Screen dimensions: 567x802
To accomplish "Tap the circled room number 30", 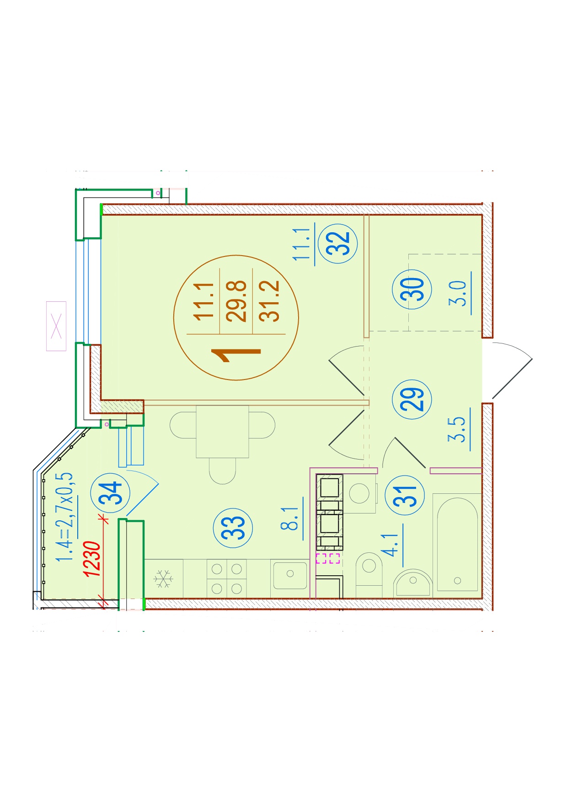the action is (x=412, y=289).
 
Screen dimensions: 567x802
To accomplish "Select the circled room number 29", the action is (x=412, y=399).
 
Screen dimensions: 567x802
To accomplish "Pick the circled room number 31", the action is (x=406, y=495).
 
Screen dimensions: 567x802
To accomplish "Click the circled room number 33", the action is (x=233, y=528).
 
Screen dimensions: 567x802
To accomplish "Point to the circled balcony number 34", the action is (x=111, y=492).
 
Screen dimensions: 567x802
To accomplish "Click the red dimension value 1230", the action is (x=92, y=559).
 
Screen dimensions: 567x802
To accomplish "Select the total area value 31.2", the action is (x=269, y=301).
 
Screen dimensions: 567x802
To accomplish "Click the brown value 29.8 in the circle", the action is (x=237, y=301).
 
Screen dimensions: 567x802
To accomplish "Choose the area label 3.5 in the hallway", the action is (x=457, y=429).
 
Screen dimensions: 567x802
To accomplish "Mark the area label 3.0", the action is (x=458, y=294).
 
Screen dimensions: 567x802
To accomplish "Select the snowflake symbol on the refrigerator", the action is (x=163, y=578).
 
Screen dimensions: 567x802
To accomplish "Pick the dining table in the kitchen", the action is (x=223, y=431).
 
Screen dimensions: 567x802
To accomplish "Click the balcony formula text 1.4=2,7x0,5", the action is (x=64, y=518).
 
